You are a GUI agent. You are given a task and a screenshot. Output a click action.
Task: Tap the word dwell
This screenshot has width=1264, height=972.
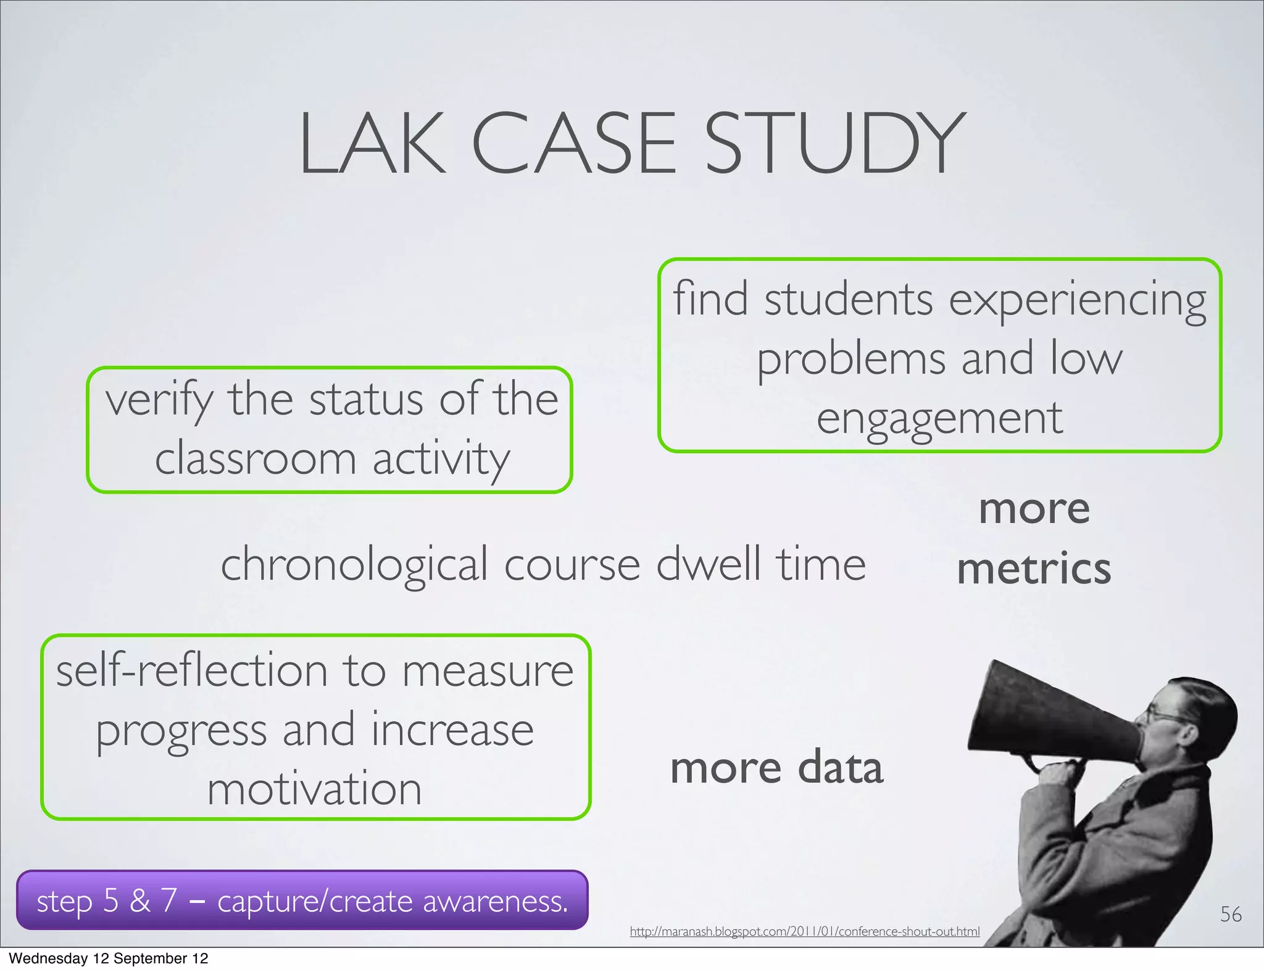(x=708, y=564)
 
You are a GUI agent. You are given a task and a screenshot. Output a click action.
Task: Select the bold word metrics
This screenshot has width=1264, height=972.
(x=1034, y=569)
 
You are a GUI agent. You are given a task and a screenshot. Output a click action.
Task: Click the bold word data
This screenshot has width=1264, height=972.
(x=841, y=768)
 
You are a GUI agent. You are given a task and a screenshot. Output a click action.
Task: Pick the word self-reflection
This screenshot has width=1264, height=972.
(x=191, y=671)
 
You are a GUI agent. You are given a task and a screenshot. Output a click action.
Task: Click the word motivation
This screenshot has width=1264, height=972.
(x=315, y=789)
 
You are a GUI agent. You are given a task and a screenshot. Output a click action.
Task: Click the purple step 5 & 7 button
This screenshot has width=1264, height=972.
(x=302, y=900)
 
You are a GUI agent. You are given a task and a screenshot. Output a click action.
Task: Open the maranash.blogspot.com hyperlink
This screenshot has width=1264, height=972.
(x=804, y=931)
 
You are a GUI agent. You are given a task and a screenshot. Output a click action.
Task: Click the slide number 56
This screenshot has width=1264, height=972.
(x=1231, y=914)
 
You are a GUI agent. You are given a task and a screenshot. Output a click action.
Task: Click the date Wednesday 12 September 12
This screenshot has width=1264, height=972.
(x=109, y=958)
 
